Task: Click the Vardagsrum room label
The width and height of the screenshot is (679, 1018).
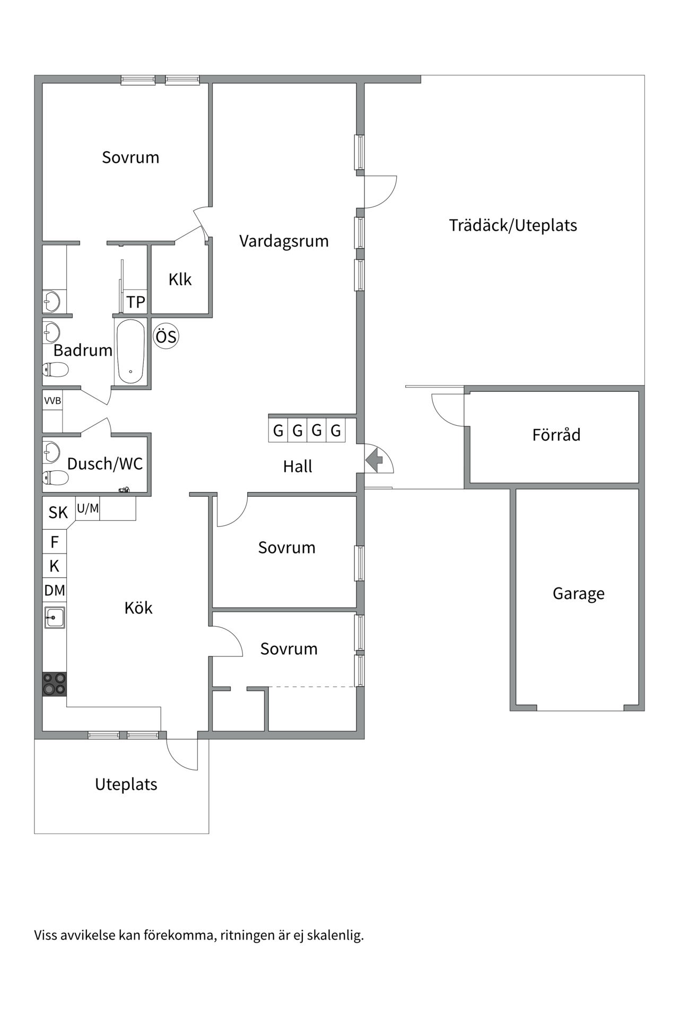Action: pos(284,241)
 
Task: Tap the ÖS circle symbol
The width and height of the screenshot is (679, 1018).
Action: pos(166,337)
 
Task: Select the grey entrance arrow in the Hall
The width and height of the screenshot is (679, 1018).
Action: pos(375,459)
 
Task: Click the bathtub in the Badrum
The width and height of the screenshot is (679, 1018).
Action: pos(130,351)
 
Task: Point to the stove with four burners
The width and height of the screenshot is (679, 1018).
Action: pos(54,683)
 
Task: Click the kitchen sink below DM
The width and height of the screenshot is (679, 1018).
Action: pos(54,618)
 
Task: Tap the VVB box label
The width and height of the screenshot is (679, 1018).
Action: pos(53,401)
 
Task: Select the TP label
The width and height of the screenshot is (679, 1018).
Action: pos(135,302)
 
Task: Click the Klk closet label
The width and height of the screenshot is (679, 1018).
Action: pos(180,279)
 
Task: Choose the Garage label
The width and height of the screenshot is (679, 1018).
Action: pos(578,593)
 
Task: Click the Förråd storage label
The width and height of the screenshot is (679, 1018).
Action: pos(556,435)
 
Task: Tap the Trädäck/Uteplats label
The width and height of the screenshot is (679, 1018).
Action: pos(512,225)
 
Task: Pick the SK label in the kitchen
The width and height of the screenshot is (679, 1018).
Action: pos(58,512)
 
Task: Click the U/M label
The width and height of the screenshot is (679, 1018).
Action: pos(88,508)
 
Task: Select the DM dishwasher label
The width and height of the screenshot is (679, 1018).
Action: pos(54,590)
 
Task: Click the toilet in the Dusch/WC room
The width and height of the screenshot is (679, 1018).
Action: pos(55,478)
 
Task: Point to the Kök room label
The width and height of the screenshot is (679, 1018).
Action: pos(138,608)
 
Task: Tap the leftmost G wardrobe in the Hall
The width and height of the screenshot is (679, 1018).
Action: pos(278,431)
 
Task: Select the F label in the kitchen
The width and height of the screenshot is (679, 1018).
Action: pos(54,542)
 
